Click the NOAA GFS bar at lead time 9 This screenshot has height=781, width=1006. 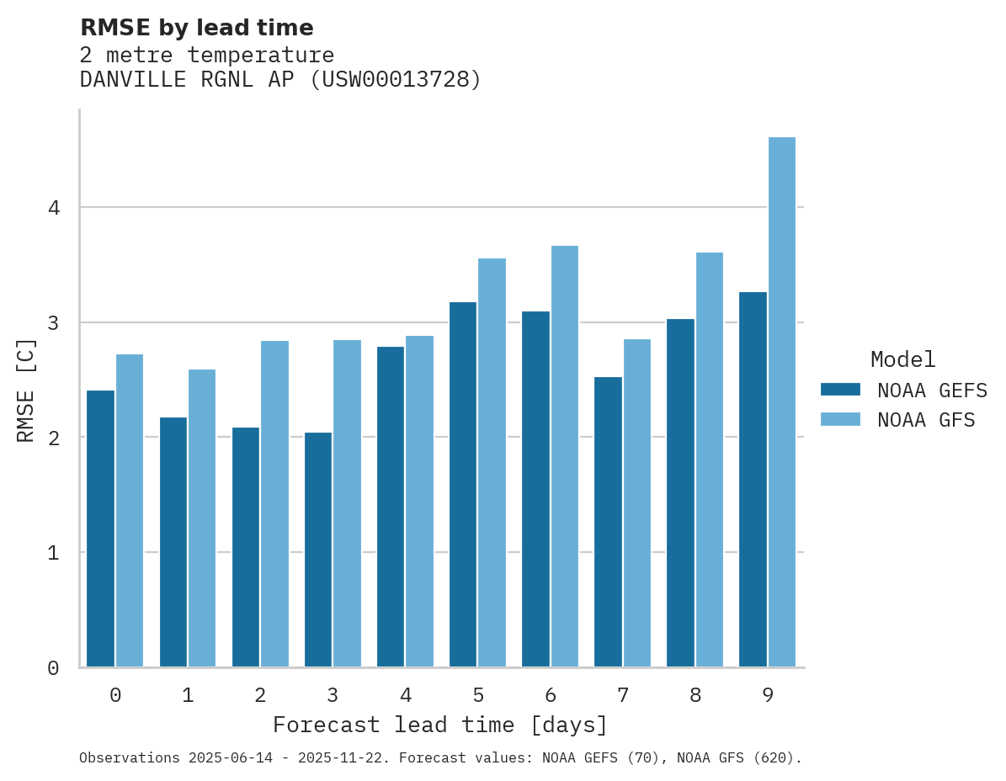(x=782, y=402)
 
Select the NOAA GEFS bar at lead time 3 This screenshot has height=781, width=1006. (x=318, y=550)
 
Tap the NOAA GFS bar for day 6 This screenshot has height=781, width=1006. (x=565, y=456)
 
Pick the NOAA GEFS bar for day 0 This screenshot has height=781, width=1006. (x=101, y=529)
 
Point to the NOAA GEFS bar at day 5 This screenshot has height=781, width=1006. (x=463, y=484)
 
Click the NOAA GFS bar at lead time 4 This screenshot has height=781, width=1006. (x=420, y=502)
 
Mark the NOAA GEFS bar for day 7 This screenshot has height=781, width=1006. (x=608, y=522)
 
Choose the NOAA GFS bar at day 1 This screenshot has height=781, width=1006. (x=202, y=518)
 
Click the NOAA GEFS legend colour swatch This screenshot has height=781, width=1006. (x=840, y=390)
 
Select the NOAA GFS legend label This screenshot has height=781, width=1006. (x=926, y=420)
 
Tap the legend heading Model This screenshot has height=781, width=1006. (x=902, y=360)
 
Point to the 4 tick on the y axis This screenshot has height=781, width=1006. (x=54, y=207)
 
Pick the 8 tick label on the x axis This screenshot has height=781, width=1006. (x=695, y=696)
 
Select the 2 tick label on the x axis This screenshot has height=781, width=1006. (x=260, y=696)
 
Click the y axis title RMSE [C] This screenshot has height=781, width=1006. (x=27, y=390)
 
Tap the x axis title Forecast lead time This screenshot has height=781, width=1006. (x=439, y=725)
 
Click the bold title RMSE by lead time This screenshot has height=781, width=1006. (x=197, y=28)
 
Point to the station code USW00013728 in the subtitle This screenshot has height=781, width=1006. (x=396, y=80)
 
